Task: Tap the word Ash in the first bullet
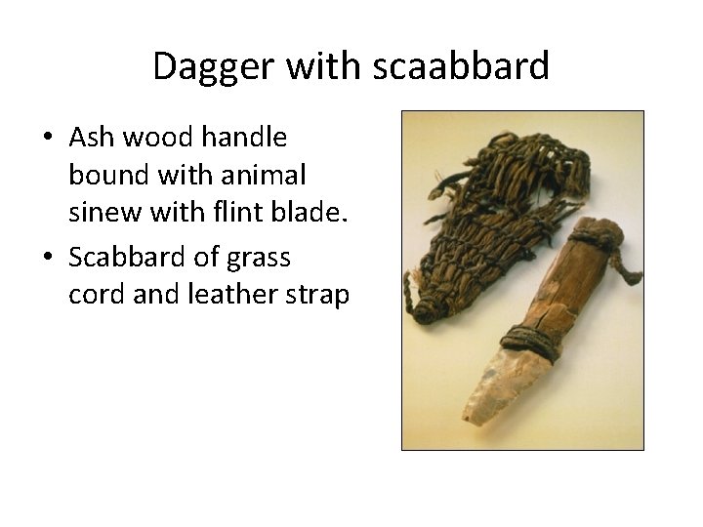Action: click(91, 139)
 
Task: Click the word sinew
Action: click(100, 217)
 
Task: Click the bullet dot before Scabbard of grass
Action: click(48, 257)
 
